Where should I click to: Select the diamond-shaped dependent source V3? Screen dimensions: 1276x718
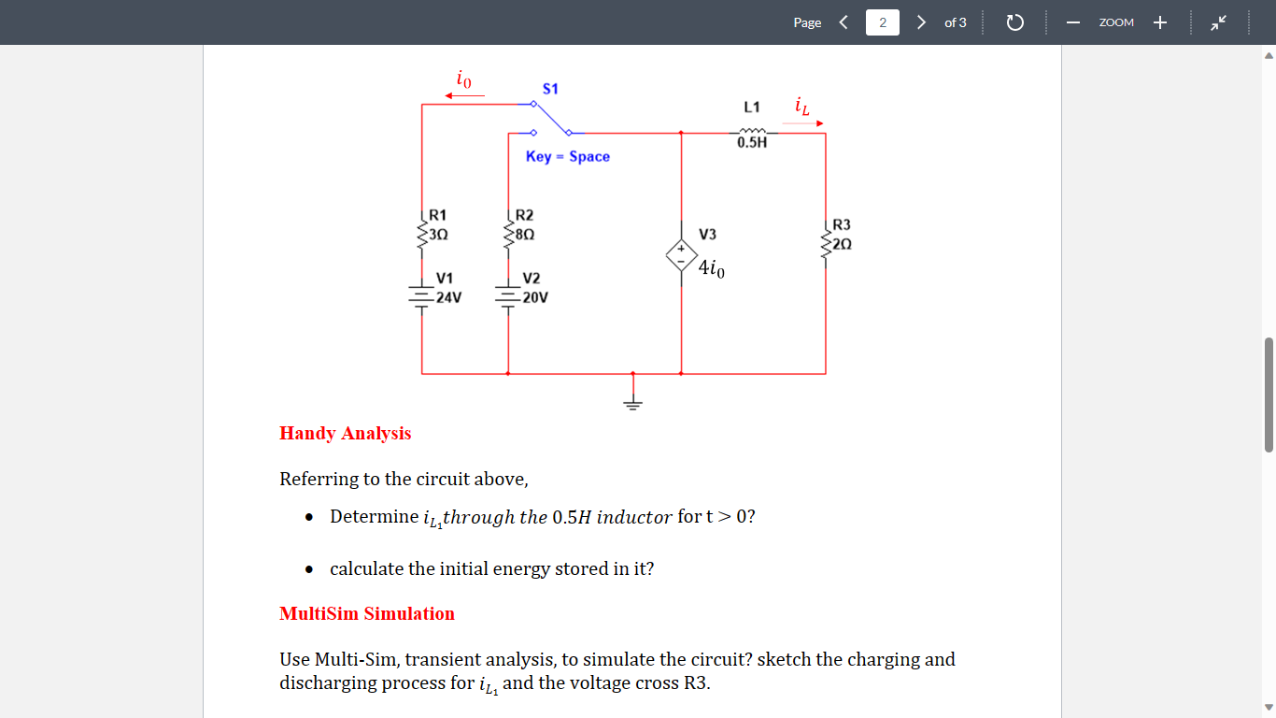tap(681, 254)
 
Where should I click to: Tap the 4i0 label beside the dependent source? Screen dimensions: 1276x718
tap(711, 269)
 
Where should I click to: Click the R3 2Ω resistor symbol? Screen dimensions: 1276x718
tap(826, 243)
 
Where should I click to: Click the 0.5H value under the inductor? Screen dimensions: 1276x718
tap(752, 143)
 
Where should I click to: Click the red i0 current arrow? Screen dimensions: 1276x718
tap(464, 94)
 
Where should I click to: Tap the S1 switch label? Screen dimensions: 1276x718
tap(550, 89)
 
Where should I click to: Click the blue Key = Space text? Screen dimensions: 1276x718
tap(567, 156)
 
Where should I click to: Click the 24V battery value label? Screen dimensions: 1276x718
tap(449, 297)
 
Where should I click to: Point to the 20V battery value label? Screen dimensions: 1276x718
tap(535, 297)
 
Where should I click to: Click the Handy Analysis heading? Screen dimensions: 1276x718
tap(345, 433)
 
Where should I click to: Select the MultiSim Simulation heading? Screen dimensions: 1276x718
tap(366, 613)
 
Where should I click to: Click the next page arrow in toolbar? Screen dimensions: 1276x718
tap(921, 22)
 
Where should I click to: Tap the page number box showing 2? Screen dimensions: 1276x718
tap(882, 22)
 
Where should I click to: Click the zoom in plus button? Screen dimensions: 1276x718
tap(1159, 22)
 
